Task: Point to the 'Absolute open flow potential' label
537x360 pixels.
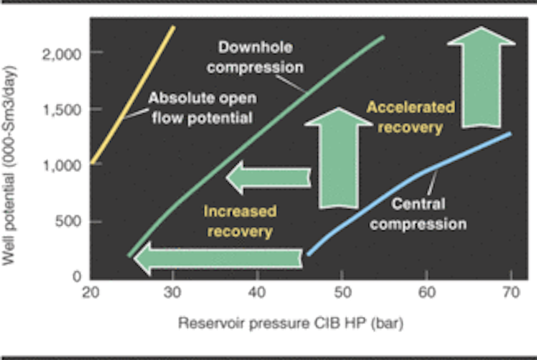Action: [202, 108]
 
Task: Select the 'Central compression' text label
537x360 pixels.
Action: [418, 214]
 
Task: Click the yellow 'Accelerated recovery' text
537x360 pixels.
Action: [411, 117]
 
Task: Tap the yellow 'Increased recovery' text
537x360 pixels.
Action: [240, 221]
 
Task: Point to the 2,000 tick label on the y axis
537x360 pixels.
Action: [62, 54]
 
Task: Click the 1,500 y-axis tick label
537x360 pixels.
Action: [62, 110]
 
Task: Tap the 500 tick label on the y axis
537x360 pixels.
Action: [67, 221]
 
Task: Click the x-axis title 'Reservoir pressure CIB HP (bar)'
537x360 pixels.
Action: [291, 323]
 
